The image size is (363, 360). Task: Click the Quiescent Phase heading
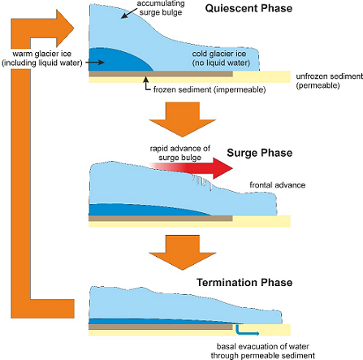click(248, 8)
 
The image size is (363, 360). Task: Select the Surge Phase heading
click(260, 153)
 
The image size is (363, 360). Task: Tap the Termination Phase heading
click(244, 282)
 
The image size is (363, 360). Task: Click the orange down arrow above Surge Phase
click(182, 119)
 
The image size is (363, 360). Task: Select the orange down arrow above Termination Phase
click(182, 253)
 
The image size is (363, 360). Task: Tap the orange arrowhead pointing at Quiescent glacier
click(65, 28)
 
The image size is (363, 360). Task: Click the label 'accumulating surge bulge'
click(161, 8)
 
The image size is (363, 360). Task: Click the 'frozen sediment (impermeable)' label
click(210, 89)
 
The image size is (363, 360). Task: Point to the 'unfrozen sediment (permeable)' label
click(329, 80)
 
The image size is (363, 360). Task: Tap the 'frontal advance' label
click(277, 185)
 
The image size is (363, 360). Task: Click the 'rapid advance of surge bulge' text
click(180, 153)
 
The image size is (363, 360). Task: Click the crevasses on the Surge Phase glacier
click(202, 182)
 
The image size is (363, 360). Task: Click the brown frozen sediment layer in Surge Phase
click(161, 219)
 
